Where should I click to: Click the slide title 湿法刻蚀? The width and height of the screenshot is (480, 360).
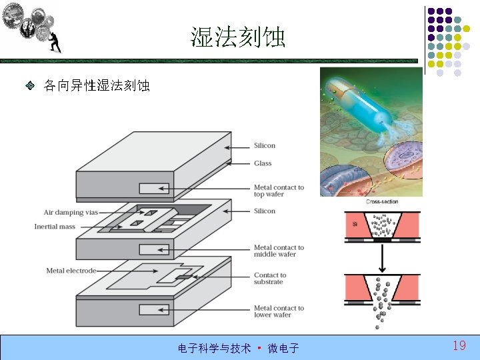(x=238, y=37)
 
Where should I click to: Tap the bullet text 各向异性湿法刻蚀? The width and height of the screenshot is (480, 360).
(x=97, y=86)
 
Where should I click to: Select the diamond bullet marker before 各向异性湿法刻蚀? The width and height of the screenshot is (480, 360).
(x=30, y=86)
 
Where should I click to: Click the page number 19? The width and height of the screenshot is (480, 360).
(x=459, y=345)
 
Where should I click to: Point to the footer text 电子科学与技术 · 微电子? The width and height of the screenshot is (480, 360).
(x=238, y=348)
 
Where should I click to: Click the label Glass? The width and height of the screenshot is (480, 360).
(x=263, y=163)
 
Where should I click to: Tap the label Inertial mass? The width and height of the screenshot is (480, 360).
(x=55, y=227)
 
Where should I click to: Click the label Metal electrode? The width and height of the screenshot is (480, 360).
(x=71, y=271)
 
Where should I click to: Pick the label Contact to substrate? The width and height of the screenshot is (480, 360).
(x=270, y=278)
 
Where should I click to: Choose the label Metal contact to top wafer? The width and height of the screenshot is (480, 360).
(x=279, y=191)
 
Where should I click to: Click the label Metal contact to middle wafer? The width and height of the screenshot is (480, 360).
(x=279, y=251)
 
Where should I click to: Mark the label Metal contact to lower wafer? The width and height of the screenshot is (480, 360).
(x=279, y=311)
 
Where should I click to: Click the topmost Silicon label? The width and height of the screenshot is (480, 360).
(x=265, y=146)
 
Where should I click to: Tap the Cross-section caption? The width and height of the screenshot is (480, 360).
(x=383, y=202)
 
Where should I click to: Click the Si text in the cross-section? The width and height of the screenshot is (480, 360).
(x=355, y=224)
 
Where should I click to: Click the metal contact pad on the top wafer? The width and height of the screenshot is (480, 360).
(x=154, y=188)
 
